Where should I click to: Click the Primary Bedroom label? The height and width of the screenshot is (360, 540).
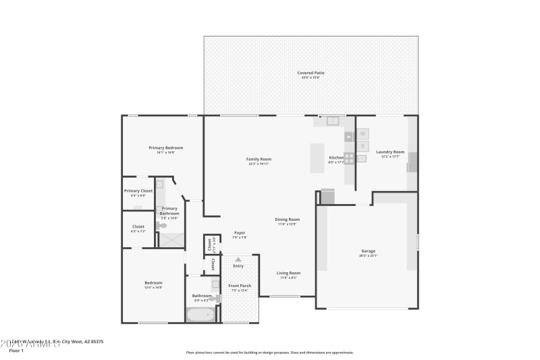[x=166, y=147]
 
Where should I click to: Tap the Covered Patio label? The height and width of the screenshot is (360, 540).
[x=310, y=72]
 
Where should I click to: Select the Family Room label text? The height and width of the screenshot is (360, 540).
[x=259, y=159]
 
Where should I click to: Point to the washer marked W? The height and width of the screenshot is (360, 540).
[x=362, y=134]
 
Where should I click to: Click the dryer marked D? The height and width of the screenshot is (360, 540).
[x=362, y=146]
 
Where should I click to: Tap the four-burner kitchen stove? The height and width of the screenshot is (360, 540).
[x=350, y=159]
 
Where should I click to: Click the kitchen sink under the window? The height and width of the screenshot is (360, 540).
[x=332, y=122]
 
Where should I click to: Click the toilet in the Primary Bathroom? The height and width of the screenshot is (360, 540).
[x=162, y=225]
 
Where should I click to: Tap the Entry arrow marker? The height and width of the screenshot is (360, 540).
[x=238, y=259]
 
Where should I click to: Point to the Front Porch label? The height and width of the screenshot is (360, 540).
[x=240, y=286]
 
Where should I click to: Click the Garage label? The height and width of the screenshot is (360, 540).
[x=368, y=251]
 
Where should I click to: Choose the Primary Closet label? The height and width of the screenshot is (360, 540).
[x=138, y=191]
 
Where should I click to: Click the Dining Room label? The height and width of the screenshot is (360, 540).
[x=287, y=219]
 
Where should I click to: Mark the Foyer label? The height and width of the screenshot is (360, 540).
[x=240, y=233]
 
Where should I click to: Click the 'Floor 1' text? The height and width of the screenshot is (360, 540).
[x=16, y=351]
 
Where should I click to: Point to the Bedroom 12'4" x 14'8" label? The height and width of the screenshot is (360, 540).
[x=153, y=283]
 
